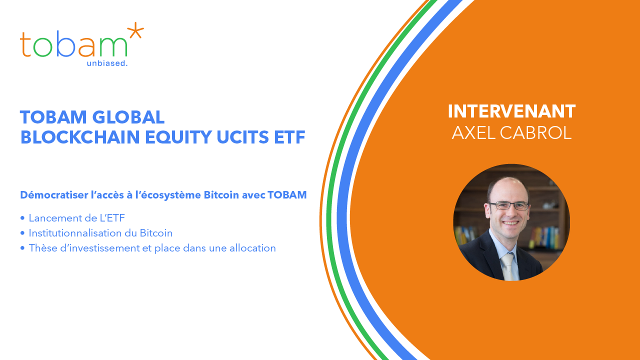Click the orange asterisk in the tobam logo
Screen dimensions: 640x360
135,31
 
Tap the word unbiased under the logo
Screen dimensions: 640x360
106,63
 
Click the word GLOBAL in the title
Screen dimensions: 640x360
128,117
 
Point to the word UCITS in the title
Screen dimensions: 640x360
243,137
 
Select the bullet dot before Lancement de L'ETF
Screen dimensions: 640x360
22,218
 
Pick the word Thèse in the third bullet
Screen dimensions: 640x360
43,248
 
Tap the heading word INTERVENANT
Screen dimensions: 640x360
511,111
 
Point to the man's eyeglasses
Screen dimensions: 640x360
509,205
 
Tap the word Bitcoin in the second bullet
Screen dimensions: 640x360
156,233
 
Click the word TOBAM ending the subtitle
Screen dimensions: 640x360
287,195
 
